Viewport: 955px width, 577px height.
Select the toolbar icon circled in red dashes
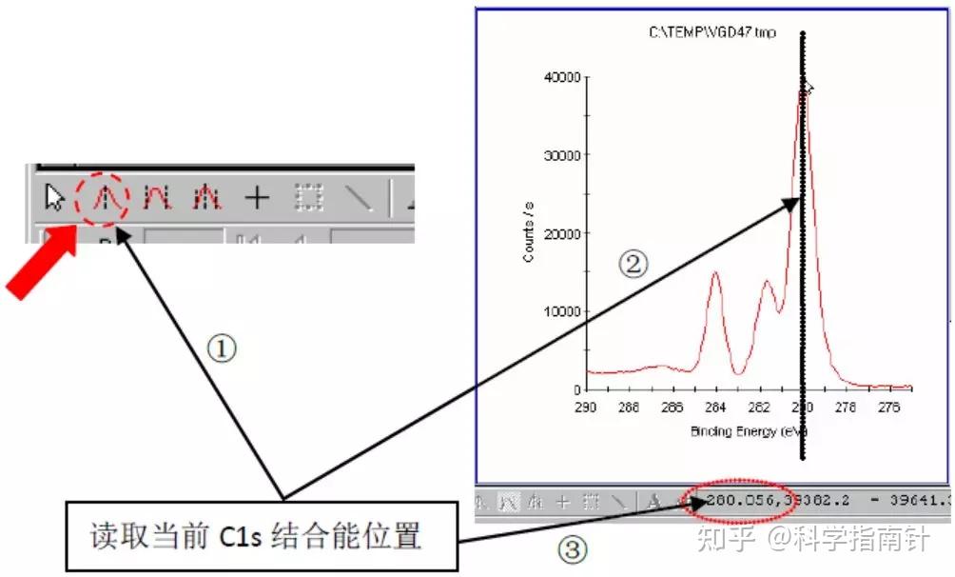(x=107, y=198)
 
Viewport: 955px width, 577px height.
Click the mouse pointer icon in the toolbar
(x=55, y=198)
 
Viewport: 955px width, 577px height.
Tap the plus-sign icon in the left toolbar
(x=257, y=198)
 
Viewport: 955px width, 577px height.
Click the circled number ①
(x=221, y=349)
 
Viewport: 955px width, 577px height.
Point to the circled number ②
(x=633, y=264)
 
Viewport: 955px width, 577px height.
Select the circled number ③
(x=571, y=549)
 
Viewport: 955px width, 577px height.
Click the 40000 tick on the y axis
(x=560, y=77)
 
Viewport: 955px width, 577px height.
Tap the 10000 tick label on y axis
(x=560, y=311)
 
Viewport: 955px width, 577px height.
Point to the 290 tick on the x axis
(x=586, y=407)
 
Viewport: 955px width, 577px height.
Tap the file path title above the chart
(x=712, y=32)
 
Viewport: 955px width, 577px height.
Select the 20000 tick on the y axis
(x=560, y=233)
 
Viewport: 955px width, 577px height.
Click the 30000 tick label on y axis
(x=560, y=155)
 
